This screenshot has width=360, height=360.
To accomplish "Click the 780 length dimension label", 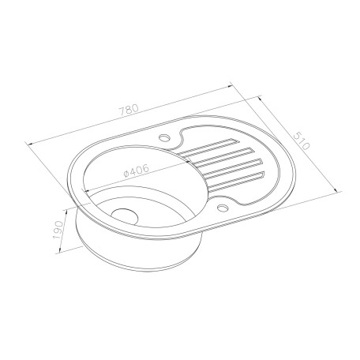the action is (x=129, y=110).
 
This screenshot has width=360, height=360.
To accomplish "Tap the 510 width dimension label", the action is (x=302, y=141).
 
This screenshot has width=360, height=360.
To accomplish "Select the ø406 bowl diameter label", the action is (x=136, y=171).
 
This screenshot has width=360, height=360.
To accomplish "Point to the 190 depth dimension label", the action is (x=58, y=230).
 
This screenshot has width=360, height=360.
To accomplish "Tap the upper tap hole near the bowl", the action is (x=165, y=137).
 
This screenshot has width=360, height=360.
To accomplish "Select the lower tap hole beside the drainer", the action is (x=223, y=208).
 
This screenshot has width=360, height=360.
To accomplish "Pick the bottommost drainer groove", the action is (x=235, y=182).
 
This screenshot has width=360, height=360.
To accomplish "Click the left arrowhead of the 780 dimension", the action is (x=30, y=144).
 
